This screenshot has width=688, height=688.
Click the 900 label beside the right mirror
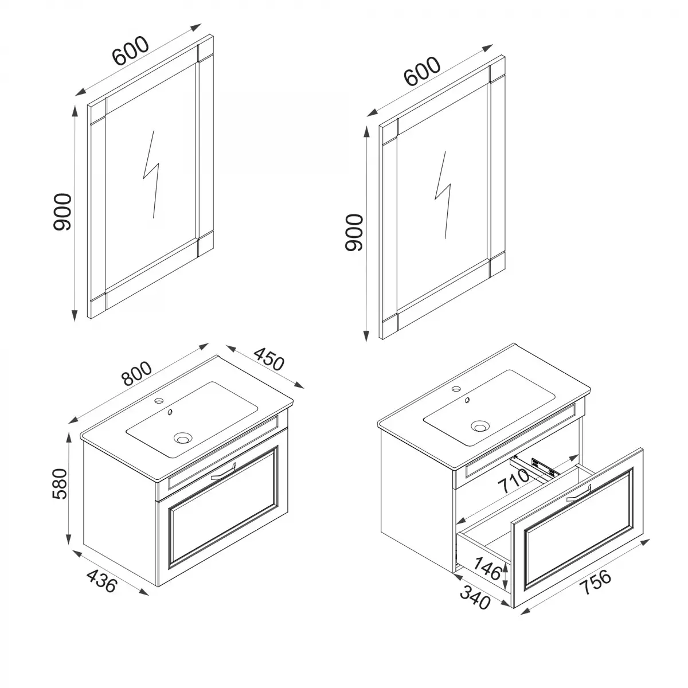click(x=354, y=232)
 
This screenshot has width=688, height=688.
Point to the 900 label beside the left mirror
click(x=61, y=212)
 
